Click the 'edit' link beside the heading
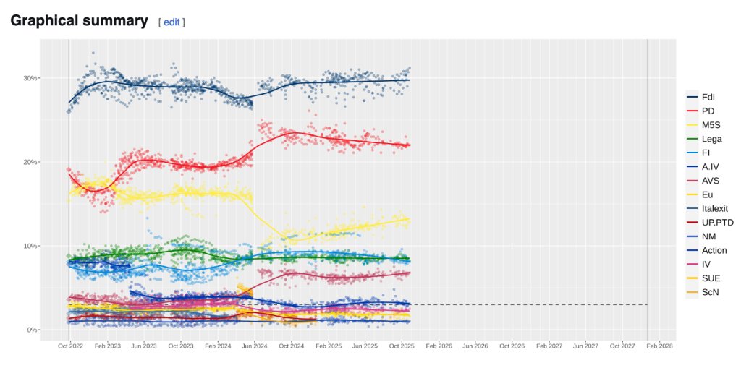tap(172, 22)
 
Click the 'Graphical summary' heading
tap(79, 21)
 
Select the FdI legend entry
tap(710, 97)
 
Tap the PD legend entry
tap(708, 111)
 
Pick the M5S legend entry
tap(711, 125)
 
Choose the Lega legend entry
tap(712, 139)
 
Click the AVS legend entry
tap(711, 181)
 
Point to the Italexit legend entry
tap(715, 208)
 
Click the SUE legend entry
tap(711, 278)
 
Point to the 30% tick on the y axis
tap(29, 78)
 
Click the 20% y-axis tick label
tap(29, 162)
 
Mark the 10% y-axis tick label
tap(29, 246)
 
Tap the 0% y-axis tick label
tap(31, 330)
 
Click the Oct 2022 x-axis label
tap(70, 347)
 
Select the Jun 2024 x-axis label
tap(254, 347)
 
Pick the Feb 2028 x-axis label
tap(659, 347)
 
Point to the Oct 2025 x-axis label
tap(402, 347)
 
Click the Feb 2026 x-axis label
tap(439, 347)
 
